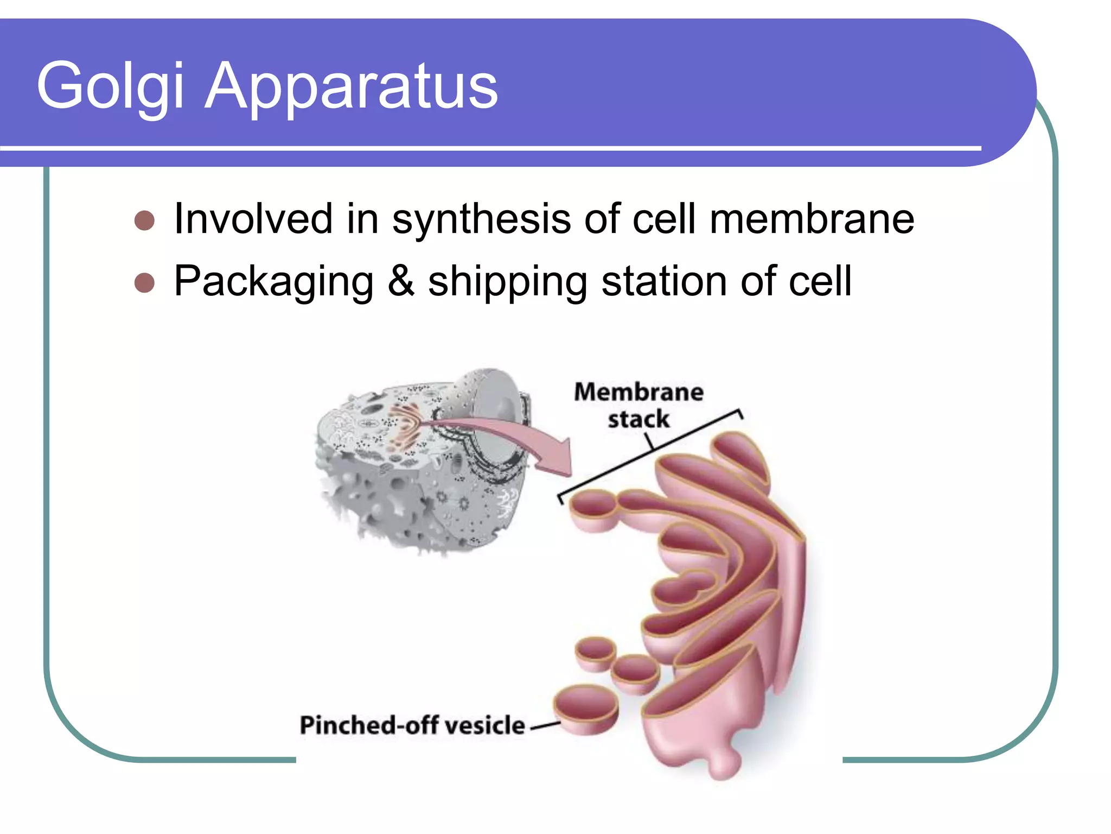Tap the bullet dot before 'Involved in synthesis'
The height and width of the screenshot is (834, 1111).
click(x=144, y=221)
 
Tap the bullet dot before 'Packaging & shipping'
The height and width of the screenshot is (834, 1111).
click(x=144, y=283)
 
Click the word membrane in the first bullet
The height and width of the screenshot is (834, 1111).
click(x=812, y=219)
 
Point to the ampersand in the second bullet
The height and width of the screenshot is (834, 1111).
click(x=401, y=281)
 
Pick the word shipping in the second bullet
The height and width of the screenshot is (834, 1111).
click(x=507, y=282)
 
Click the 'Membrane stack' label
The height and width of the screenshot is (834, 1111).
click(x=638, y=405)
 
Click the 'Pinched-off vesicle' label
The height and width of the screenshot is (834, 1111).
click(x=412, y=725)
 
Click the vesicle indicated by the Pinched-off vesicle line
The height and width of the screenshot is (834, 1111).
click(x=586, y=709)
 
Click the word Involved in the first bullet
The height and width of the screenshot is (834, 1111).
click(x=253, y=219)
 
